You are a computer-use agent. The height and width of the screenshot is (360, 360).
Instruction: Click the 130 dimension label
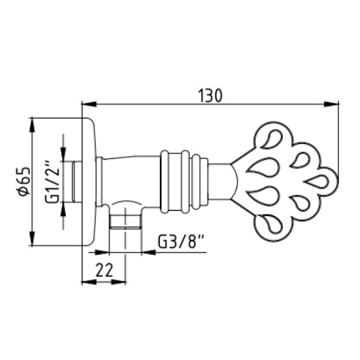click(x=210, y=96)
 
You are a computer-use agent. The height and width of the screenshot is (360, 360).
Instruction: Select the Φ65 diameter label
click(x=24, y=181)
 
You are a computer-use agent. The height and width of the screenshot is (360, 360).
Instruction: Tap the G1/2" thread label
click(x=52, y=181)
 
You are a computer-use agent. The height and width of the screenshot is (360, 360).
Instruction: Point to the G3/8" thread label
click(x=181, y=241)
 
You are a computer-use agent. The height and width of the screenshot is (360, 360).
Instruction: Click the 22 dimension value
click(x=104, y=270)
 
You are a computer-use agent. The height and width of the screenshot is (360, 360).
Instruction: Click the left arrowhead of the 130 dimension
click(x=89, y=104)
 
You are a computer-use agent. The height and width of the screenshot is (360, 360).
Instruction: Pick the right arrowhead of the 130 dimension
click(x=331, y=104)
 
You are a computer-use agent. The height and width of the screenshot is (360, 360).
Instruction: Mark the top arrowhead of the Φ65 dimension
click(x=32, y=124)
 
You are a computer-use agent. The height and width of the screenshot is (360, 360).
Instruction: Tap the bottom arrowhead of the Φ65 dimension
click(x=32, y=238)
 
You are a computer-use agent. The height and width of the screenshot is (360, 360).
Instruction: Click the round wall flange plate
click(x=89, y=181)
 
